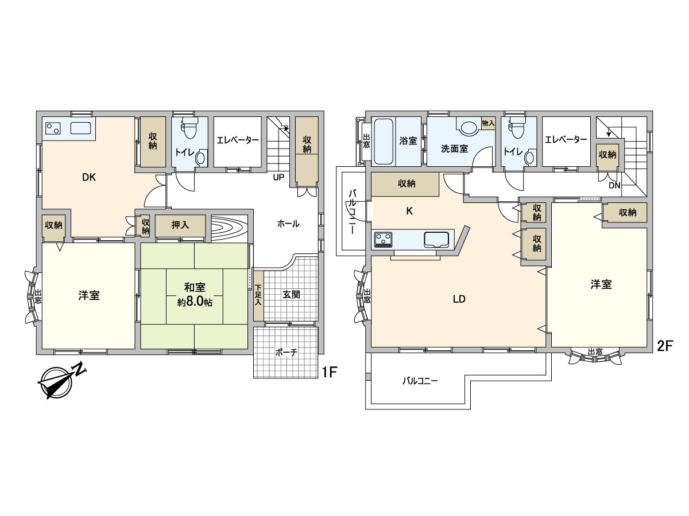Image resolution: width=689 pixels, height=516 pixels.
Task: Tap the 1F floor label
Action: [330, 372]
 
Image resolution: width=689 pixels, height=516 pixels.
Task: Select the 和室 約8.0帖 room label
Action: [195, 295]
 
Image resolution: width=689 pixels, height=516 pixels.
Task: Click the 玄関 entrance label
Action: [291, 295]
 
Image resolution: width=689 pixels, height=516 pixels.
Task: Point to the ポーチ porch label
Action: [287, 353]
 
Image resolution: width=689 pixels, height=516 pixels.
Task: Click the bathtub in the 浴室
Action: [384, 141]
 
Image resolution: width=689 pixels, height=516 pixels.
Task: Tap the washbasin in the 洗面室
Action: [470, 129]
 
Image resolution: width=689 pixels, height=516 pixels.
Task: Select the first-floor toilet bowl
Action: [189, 128]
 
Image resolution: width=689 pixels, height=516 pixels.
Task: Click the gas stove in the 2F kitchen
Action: [384, 240]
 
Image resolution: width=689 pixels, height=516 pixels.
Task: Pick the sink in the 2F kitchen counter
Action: [436, 240]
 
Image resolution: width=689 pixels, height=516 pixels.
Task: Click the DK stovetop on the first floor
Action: [53, 128]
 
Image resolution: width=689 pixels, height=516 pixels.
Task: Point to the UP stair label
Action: [278, 177]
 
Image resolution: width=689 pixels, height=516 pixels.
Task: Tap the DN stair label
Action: [614, 186]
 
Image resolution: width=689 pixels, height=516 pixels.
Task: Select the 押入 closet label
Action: [180, 225]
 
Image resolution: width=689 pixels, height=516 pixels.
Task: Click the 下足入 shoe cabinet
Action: [258, 295]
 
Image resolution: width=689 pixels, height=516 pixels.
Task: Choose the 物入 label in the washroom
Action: [488, 123]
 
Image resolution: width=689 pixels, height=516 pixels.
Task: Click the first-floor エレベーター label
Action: [238, 140]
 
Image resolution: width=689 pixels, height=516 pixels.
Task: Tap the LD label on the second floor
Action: [459, 299]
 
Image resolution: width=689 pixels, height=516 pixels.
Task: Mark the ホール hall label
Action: [288, 224]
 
